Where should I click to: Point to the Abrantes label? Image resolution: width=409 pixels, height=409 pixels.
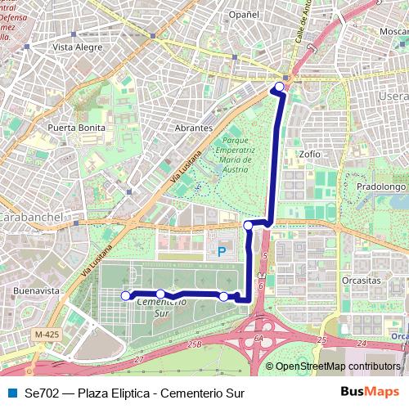click(x=194, y=128)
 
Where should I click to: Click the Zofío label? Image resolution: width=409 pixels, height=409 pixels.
click(x=310, y=153)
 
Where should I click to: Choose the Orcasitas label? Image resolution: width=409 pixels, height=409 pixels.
click(x=362, y=280)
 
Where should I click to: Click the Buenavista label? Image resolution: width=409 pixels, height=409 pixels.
click(x=37, y=290)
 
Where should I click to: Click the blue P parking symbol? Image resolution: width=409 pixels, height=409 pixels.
click(x=220, y=251)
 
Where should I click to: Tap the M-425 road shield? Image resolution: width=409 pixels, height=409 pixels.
click(x=48, y=334)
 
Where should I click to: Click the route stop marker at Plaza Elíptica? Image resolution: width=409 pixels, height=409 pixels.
click(x=279, y=86)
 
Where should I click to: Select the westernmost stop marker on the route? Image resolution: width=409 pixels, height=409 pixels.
click(x=125, y=295)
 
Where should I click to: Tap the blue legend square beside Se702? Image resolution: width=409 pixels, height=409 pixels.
click(x=11, y=393)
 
